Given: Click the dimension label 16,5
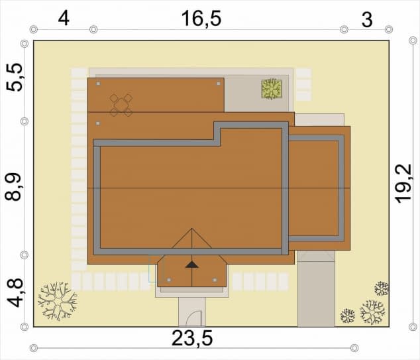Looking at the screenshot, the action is [x=201, y=19].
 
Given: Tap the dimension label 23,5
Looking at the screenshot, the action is [x=192, y=338].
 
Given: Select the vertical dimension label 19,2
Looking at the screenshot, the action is [x=403, y=183].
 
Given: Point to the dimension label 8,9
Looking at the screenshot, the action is [x=13, y=187].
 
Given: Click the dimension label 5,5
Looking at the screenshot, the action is [x=14, y=77].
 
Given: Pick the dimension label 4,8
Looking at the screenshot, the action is [x=14, y=292].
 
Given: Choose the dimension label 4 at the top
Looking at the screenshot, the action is [x=64, y=19].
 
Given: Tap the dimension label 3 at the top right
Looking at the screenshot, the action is [x=367, y=20].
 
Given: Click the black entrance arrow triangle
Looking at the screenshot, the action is [x=192, y=265].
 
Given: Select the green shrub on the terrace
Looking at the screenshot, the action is [x=272, y=89].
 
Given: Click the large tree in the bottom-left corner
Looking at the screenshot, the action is [x=58, y=301].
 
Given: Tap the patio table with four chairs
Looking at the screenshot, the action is [x=121, y=105].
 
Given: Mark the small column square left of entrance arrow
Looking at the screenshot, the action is [x=169, y=280].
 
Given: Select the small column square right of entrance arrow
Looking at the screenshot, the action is [x=215, y=280].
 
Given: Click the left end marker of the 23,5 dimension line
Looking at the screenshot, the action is [x=34, y=348].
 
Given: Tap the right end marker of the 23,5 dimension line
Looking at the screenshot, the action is [x=354, y=348].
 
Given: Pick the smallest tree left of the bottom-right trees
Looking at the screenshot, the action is [x=347, y=316].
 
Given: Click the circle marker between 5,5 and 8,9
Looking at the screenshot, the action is [x=25, y=121].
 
